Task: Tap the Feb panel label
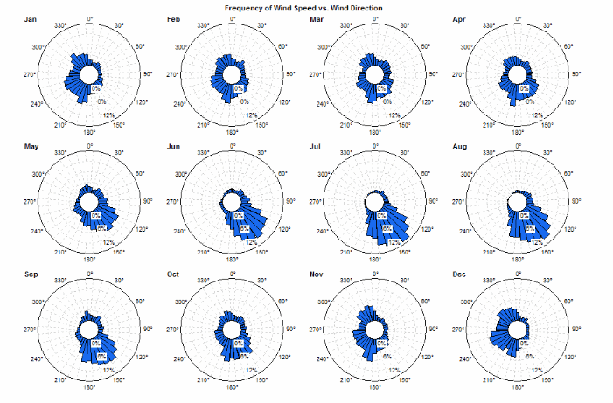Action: pyautogui.click(x=173, y=18)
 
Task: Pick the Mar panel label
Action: pyautogui.click(x=317, y=18)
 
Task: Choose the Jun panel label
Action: pyautogui.click(x=173, y=146)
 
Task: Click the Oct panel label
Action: pyautogui.click(x=173, y=274)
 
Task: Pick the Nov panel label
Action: pyautogui.click(x=317, y=274)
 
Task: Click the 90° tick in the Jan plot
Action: pyautogui.click(x=148, y=74)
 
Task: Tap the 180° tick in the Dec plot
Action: pyautogui.click(x=518, y=386)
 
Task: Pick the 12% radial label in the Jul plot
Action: pyautogui.click(x=394, y=242)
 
